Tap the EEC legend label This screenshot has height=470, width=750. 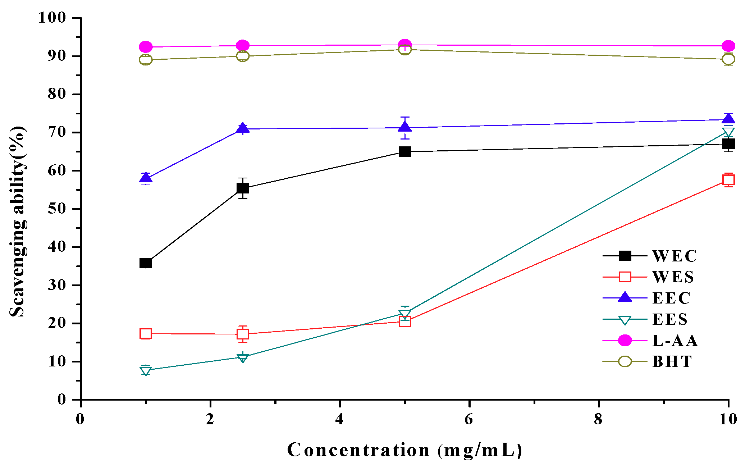671,298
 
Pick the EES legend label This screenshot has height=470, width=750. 670,319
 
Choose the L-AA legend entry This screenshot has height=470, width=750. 675,341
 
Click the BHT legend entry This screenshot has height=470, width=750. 672,361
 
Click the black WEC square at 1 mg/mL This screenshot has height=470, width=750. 146,263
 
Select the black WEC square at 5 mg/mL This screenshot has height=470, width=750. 405,152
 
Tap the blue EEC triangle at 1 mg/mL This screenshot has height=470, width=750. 146,178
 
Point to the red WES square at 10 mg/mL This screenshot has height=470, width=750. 728,180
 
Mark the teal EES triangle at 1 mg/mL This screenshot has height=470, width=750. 146,370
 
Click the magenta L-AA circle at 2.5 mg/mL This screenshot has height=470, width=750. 243,46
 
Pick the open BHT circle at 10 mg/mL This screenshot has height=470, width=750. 728,59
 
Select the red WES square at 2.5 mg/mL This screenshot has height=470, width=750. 243,334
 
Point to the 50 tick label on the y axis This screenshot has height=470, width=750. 57,209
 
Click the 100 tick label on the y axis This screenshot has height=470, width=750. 52,18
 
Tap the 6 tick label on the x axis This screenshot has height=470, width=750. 468,419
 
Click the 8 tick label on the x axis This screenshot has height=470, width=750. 598,419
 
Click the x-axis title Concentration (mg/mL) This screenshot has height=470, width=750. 405,450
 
